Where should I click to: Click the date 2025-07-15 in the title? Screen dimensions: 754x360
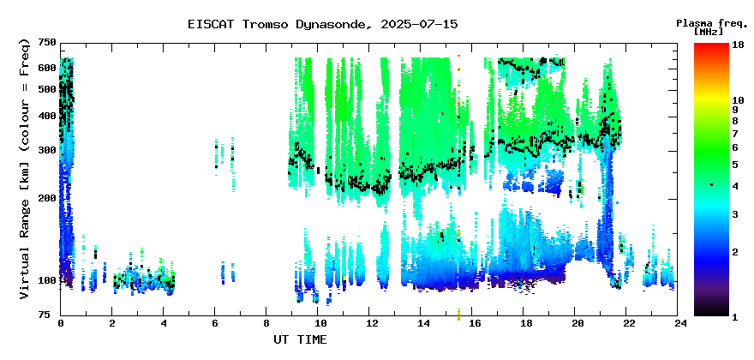pos(419,24)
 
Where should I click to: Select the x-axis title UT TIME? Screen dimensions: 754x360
pos(300,339)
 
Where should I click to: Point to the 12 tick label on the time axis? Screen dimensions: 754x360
pos(368,323)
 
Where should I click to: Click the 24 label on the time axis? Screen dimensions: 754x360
pos(678,323)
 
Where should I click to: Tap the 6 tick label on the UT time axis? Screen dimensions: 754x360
pos(214,323)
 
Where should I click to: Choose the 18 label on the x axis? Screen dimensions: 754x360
pos(524,323)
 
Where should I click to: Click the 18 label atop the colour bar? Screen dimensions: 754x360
pos(738,45)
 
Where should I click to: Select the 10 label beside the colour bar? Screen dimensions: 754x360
pos(738,100)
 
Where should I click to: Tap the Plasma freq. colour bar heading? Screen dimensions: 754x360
pos(712,23)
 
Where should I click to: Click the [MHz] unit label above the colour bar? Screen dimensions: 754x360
pos(709,32)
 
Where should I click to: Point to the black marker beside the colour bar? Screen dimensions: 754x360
pos(711,185)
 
